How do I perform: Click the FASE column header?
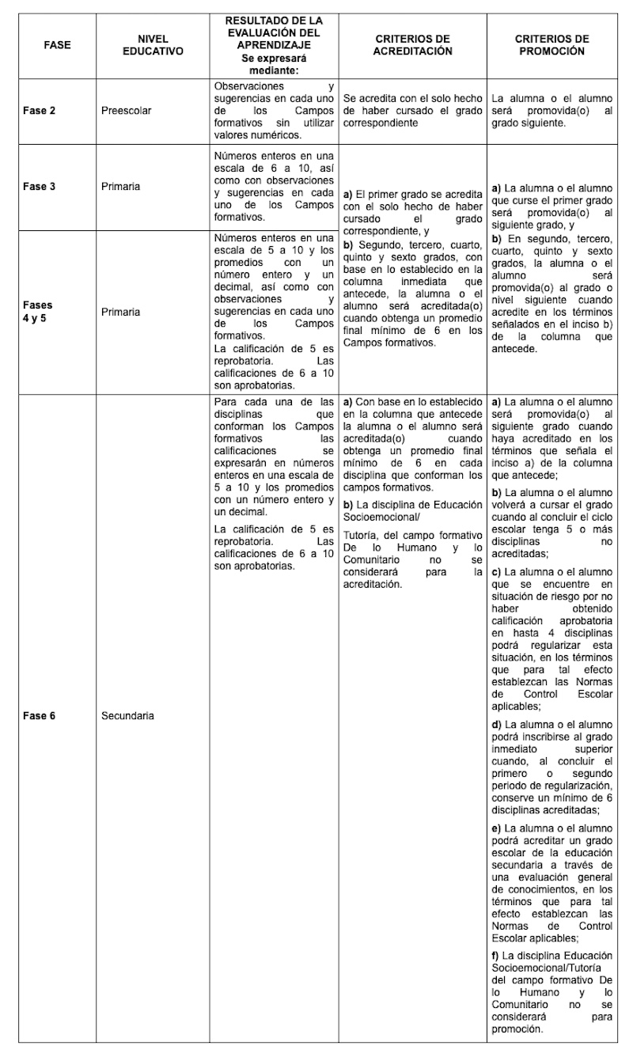pos(57,45)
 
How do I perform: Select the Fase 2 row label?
pos(39,111)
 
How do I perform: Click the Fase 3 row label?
pos(39,187)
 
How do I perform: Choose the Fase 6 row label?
pos(39,716)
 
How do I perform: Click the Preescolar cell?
pos(126,111)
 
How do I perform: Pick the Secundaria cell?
pos(127,716)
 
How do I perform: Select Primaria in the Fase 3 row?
pos(120,187)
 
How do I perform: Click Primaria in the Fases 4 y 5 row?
pos(120,312)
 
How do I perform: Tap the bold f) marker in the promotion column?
pos(495,957)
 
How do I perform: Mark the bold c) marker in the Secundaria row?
pos(496,571)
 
